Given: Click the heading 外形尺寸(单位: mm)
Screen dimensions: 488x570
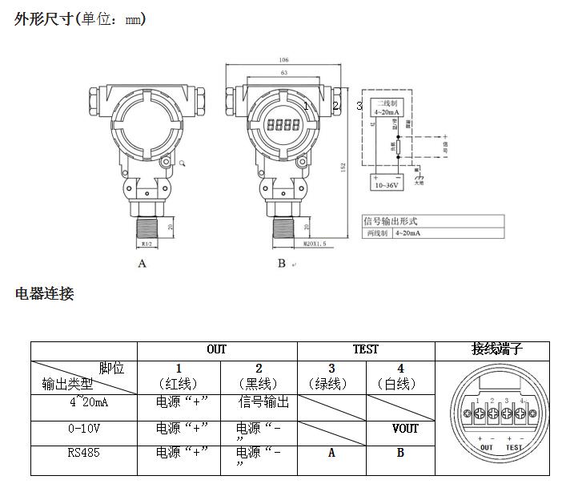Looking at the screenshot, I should pos(80,18).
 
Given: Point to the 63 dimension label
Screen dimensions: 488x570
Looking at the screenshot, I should pos(283,73).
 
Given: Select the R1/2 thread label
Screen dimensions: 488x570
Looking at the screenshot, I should pos(147,244).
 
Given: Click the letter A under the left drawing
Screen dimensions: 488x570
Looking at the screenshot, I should pos(142,264).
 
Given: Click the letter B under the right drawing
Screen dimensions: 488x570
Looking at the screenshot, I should pos(282,264).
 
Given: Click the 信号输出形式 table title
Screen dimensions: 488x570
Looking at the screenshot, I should pos(391,221).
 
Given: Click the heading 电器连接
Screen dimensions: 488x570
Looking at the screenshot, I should pos(45,294).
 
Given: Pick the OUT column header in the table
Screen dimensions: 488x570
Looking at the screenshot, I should pos(216,350).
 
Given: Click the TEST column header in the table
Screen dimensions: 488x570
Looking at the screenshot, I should pos(366,350).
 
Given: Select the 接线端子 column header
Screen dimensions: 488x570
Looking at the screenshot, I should pos(497,349).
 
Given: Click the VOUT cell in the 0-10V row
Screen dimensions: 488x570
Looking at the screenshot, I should pos(400,429).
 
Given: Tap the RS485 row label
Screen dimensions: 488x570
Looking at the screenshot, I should pos(84,453).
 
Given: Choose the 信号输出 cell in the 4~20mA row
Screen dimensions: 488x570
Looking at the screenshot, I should pos(263,401).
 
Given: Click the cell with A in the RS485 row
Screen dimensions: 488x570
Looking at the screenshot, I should pos(331,453).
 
